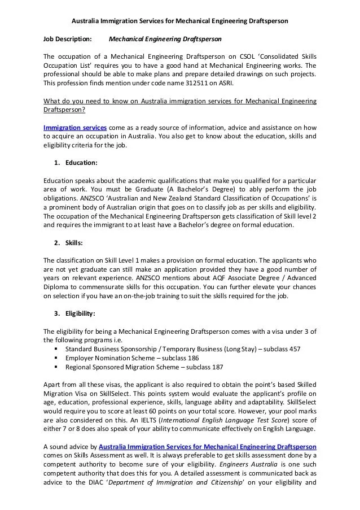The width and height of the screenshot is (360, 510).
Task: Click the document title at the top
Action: [x=180, y=21]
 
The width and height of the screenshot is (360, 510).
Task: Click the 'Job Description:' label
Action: [x=68, y=40]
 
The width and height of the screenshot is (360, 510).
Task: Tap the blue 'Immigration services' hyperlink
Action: [x=75, y=128]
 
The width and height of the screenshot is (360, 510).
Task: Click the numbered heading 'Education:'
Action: [x=81, y=163]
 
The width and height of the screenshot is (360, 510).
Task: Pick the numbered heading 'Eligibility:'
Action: [x=80, y=313]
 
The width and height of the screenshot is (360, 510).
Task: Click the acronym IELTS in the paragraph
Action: [x=148, y=420]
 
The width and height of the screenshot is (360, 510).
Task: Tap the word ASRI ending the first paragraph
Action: [x=224, y=83]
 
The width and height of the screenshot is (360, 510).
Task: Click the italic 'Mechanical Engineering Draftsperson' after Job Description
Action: [x=165, y=40]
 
